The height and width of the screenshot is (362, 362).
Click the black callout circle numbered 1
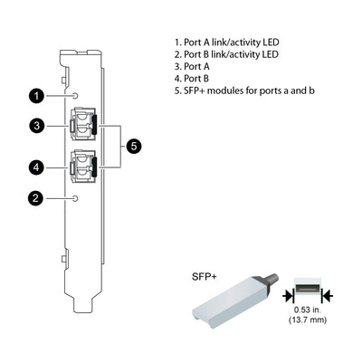coord(35,95)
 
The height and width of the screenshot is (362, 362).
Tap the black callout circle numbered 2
coord(35,197)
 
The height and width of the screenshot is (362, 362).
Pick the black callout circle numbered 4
coord(35,167)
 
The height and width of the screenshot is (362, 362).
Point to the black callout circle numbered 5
coord(133,146)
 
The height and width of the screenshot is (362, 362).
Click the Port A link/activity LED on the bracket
coord(76,95)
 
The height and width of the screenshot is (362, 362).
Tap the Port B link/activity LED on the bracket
coord(76,197)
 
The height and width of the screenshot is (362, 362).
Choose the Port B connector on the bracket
coord(84,167)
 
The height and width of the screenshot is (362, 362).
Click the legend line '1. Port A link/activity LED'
coord(224,43)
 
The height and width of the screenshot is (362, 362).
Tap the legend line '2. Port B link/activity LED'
coord(224,54)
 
